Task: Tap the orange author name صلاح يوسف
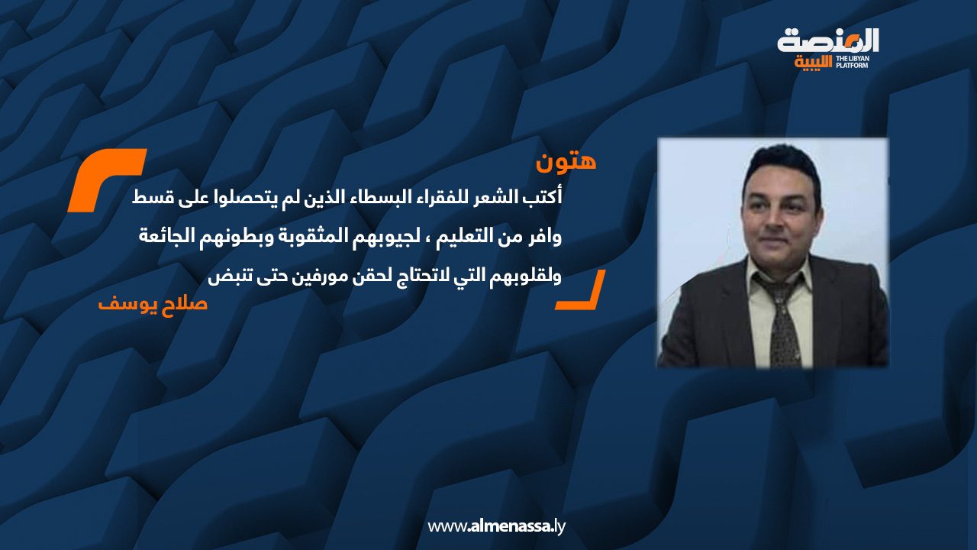point(153,303)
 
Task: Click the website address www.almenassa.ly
point(496,526)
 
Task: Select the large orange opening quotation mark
point(106,180)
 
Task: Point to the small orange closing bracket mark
point(581,290)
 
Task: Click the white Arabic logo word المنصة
point(828,41)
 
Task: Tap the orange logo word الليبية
point(814,63)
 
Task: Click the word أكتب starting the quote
point(547,197)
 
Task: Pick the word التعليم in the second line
point(469,237)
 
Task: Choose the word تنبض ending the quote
point(225,277)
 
